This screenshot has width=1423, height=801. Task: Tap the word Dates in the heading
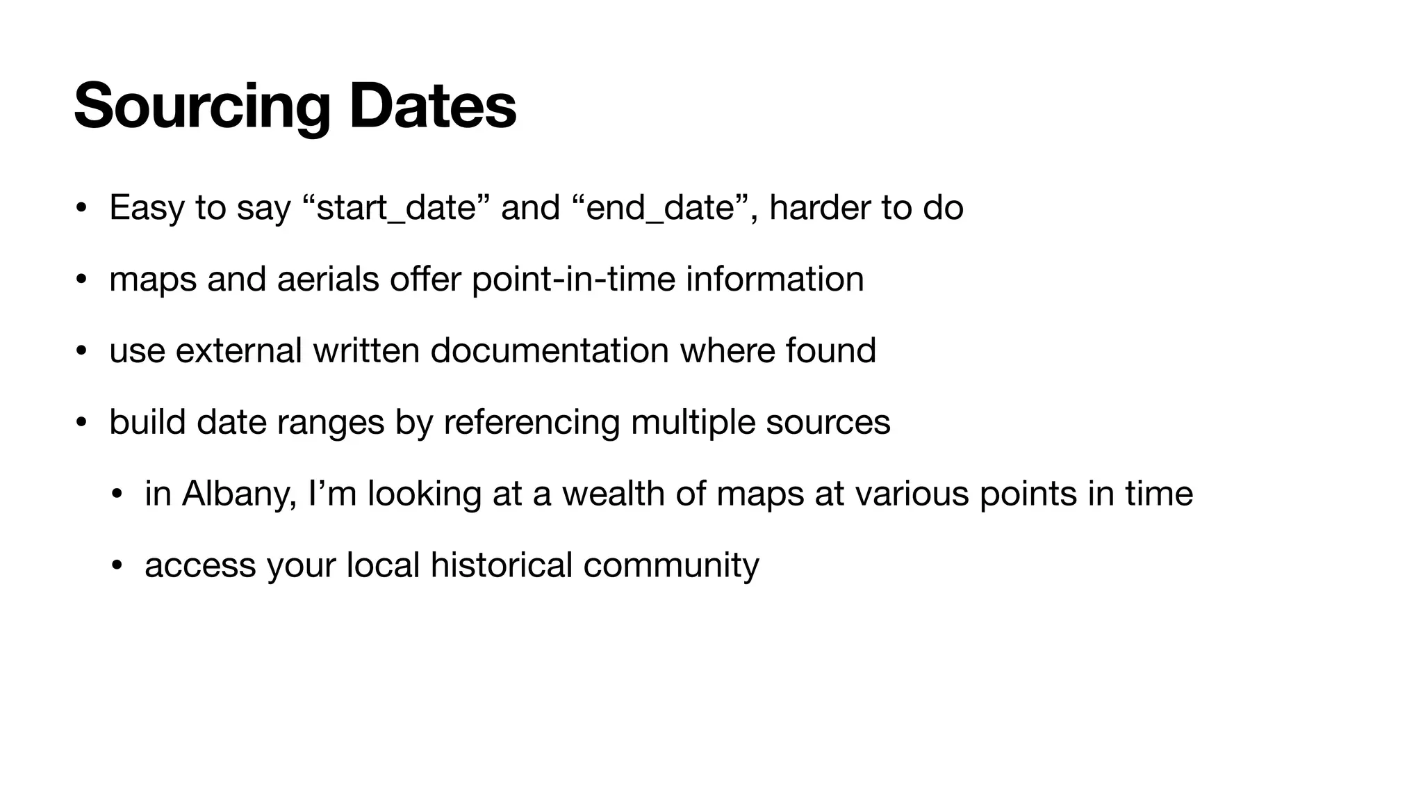[x=432, y=106]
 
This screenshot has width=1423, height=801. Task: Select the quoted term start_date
[x=396, y=208]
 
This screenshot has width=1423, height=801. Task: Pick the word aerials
[x=328, y=280]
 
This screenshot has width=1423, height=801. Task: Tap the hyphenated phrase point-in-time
[x=573, y=280]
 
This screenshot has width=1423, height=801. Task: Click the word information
[x=775, y=280]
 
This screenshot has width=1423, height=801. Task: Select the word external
[x=238, y=350]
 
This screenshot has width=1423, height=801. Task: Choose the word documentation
[x=550, y=350]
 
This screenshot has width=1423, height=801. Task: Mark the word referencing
[x=532, y=422]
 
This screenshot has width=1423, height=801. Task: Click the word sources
[x=828, y=422]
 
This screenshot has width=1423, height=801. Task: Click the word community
[x=671, y=565]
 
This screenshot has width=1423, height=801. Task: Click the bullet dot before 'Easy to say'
[x=81, y=208]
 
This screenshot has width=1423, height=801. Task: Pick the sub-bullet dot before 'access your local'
[x=117, y=565]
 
